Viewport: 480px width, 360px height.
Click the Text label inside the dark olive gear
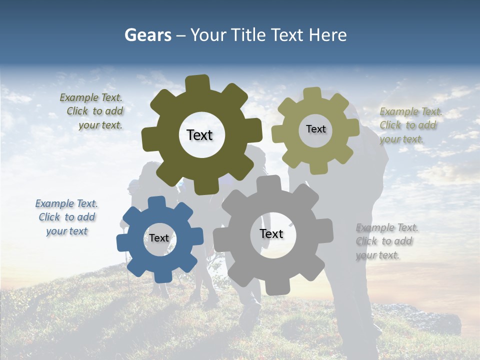click(x=199, y=135)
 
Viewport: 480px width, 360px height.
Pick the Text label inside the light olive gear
click(x=315, y=129)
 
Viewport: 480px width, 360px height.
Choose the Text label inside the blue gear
click(x=159, y=238)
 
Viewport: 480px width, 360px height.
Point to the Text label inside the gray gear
click(x=271, y=234)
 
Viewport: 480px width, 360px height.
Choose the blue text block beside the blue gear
click(x=66, y=217)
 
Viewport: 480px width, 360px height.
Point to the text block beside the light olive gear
click(x=409, y=125)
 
